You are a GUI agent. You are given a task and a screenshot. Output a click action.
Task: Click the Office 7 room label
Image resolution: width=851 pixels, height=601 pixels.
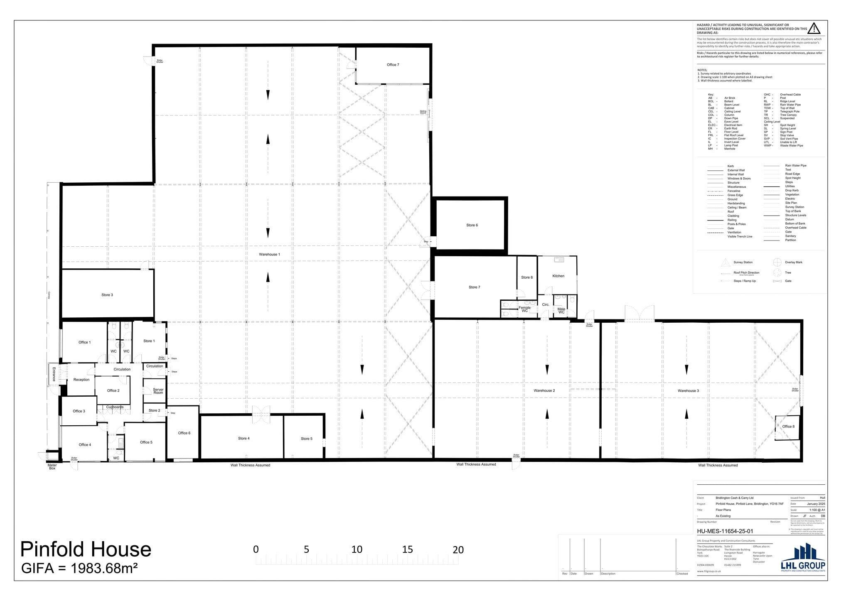(x=393, y=65)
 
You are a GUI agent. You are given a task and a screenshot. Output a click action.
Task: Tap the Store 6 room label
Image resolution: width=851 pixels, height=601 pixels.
(x=472, y=225)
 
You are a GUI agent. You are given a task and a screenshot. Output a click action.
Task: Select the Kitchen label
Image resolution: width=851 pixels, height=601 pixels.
(x=558, y=276)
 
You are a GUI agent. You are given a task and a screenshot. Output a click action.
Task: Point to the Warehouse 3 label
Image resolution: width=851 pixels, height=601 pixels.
(x=688, y=390)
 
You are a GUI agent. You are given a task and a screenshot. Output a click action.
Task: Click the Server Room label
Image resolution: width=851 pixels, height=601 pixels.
(x=158, y=391)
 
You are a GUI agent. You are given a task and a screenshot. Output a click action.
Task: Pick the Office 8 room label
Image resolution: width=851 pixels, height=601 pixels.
(x=788, y=427)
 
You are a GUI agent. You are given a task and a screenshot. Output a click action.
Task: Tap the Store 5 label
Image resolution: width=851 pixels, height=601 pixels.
(x=306, y=439)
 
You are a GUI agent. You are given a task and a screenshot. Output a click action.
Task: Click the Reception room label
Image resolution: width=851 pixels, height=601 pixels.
(x=81, y=380)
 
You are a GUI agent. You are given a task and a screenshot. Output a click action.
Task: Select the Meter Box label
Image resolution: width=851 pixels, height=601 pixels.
(x=52, y=467)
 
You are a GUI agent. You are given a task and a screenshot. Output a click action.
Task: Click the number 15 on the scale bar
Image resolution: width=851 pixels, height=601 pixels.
(x=407, y=549)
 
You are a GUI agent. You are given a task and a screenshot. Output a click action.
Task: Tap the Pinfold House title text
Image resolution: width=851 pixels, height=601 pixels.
(x=86, y=549)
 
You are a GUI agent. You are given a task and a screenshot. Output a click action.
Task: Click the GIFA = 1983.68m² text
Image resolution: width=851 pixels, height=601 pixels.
(x=79, y=568)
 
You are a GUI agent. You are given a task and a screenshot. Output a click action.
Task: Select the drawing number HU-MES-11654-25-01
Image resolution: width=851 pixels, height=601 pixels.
(x=725, y=531)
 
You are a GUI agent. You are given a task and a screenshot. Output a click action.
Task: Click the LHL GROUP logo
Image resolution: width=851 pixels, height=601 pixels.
(x=803, y=559)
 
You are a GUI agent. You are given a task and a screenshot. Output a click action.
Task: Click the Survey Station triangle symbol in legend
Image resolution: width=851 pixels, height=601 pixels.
(x=725, y=262)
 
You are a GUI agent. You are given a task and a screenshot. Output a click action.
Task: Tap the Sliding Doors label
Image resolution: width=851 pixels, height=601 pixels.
(x=423, y=112)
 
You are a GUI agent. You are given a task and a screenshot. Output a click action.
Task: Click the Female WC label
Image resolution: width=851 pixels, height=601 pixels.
(x=524, y=309)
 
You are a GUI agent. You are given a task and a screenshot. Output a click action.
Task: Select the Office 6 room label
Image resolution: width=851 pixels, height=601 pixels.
(x=184, y=433)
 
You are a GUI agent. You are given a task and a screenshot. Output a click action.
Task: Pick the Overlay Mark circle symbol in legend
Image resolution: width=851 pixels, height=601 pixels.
(x=777, y=262)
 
